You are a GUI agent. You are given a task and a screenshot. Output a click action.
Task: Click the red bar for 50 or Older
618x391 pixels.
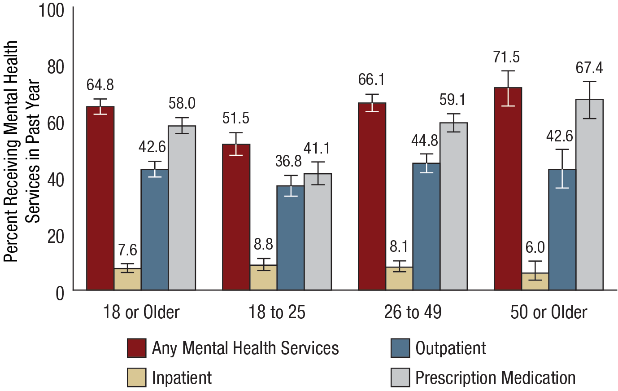point(508,189)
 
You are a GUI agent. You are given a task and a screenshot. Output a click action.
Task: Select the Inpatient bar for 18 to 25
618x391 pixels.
point(263,277)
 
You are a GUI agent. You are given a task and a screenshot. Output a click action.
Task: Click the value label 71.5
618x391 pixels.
point(506,57)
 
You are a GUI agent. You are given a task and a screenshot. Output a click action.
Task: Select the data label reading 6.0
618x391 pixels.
point(535,247)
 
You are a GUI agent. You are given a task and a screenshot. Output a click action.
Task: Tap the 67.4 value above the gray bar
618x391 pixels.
point(589,68)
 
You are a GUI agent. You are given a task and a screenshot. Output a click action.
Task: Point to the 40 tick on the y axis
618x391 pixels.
point(56,180)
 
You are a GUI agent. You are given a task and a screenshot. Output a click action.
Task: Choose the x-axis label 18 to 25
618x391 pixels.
point(277,312)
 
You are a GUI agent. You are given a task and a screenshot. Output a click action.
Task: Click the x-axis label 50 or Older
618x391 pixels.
point(548,312)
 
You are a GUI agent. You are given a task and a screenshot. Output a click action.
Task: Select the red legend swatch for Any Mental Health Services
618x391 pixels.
point(136,348)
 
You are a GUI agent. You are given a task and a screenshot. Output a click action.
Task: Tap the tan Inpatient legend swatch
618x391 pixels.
point(136,378)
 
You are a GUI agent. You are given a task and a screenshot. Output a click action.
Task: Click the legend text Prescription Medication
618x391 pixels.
point(495,378)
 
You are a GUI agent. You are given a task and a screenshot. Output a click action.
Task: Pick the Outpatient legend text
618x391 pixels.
point(450,348)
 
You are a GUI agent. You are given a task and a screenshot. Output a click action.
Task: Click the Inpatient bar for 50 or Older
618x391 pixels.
point(535,281)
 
